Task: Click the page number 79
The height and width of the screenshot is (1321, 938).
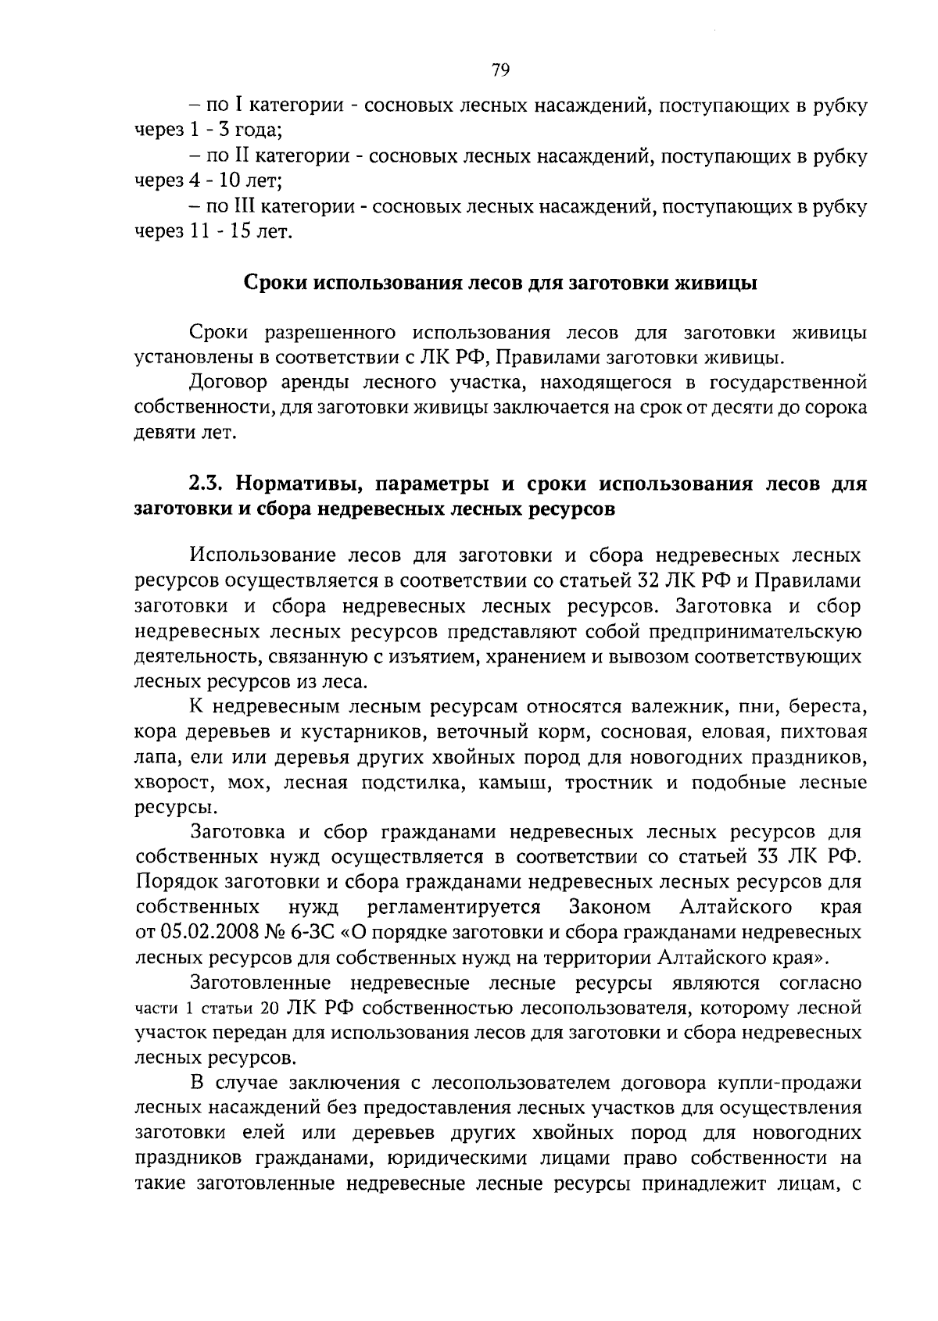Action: [500, 71]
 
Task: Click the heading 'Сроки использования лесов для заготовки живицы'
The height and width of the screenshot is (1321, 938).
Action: [500, 282]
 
